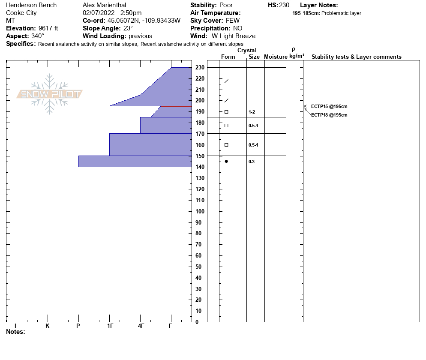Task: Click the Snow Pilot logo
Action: tap(50, 94)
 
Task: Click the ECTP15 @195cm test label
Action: tap(329, 106)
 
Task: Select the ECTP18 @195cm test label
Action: tap(329, 115)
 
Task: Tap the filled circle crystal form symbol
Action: tap(226, 162)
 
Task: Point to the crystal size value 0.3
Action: tap(252, 162)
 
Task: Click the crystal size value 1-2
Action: tap(252, 112)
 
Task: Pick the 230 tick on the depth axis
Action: tap(200, 67)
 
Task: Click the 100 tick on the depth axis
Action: tap(200, 211)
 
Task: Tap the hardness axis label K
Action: tap(47, 326)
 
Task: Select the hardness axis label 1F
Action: tap(110, 326)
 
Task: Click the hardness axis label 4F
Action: tap(141, 326)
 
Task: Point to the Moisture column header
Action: tap(276, 57)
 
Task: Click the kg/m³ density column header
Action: tap(297, 56)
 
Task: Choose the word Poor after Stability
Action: tap(226, 5)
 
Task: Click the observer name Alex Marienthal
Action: tap(104, 5)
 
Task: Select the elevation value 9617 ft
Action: tap(48, 28)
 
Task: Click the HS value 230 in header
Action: tap(284, 5)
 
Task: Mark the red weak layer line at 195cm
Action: tap(176, 106)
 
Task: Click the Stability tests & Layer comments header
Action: tap(356, 57)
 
